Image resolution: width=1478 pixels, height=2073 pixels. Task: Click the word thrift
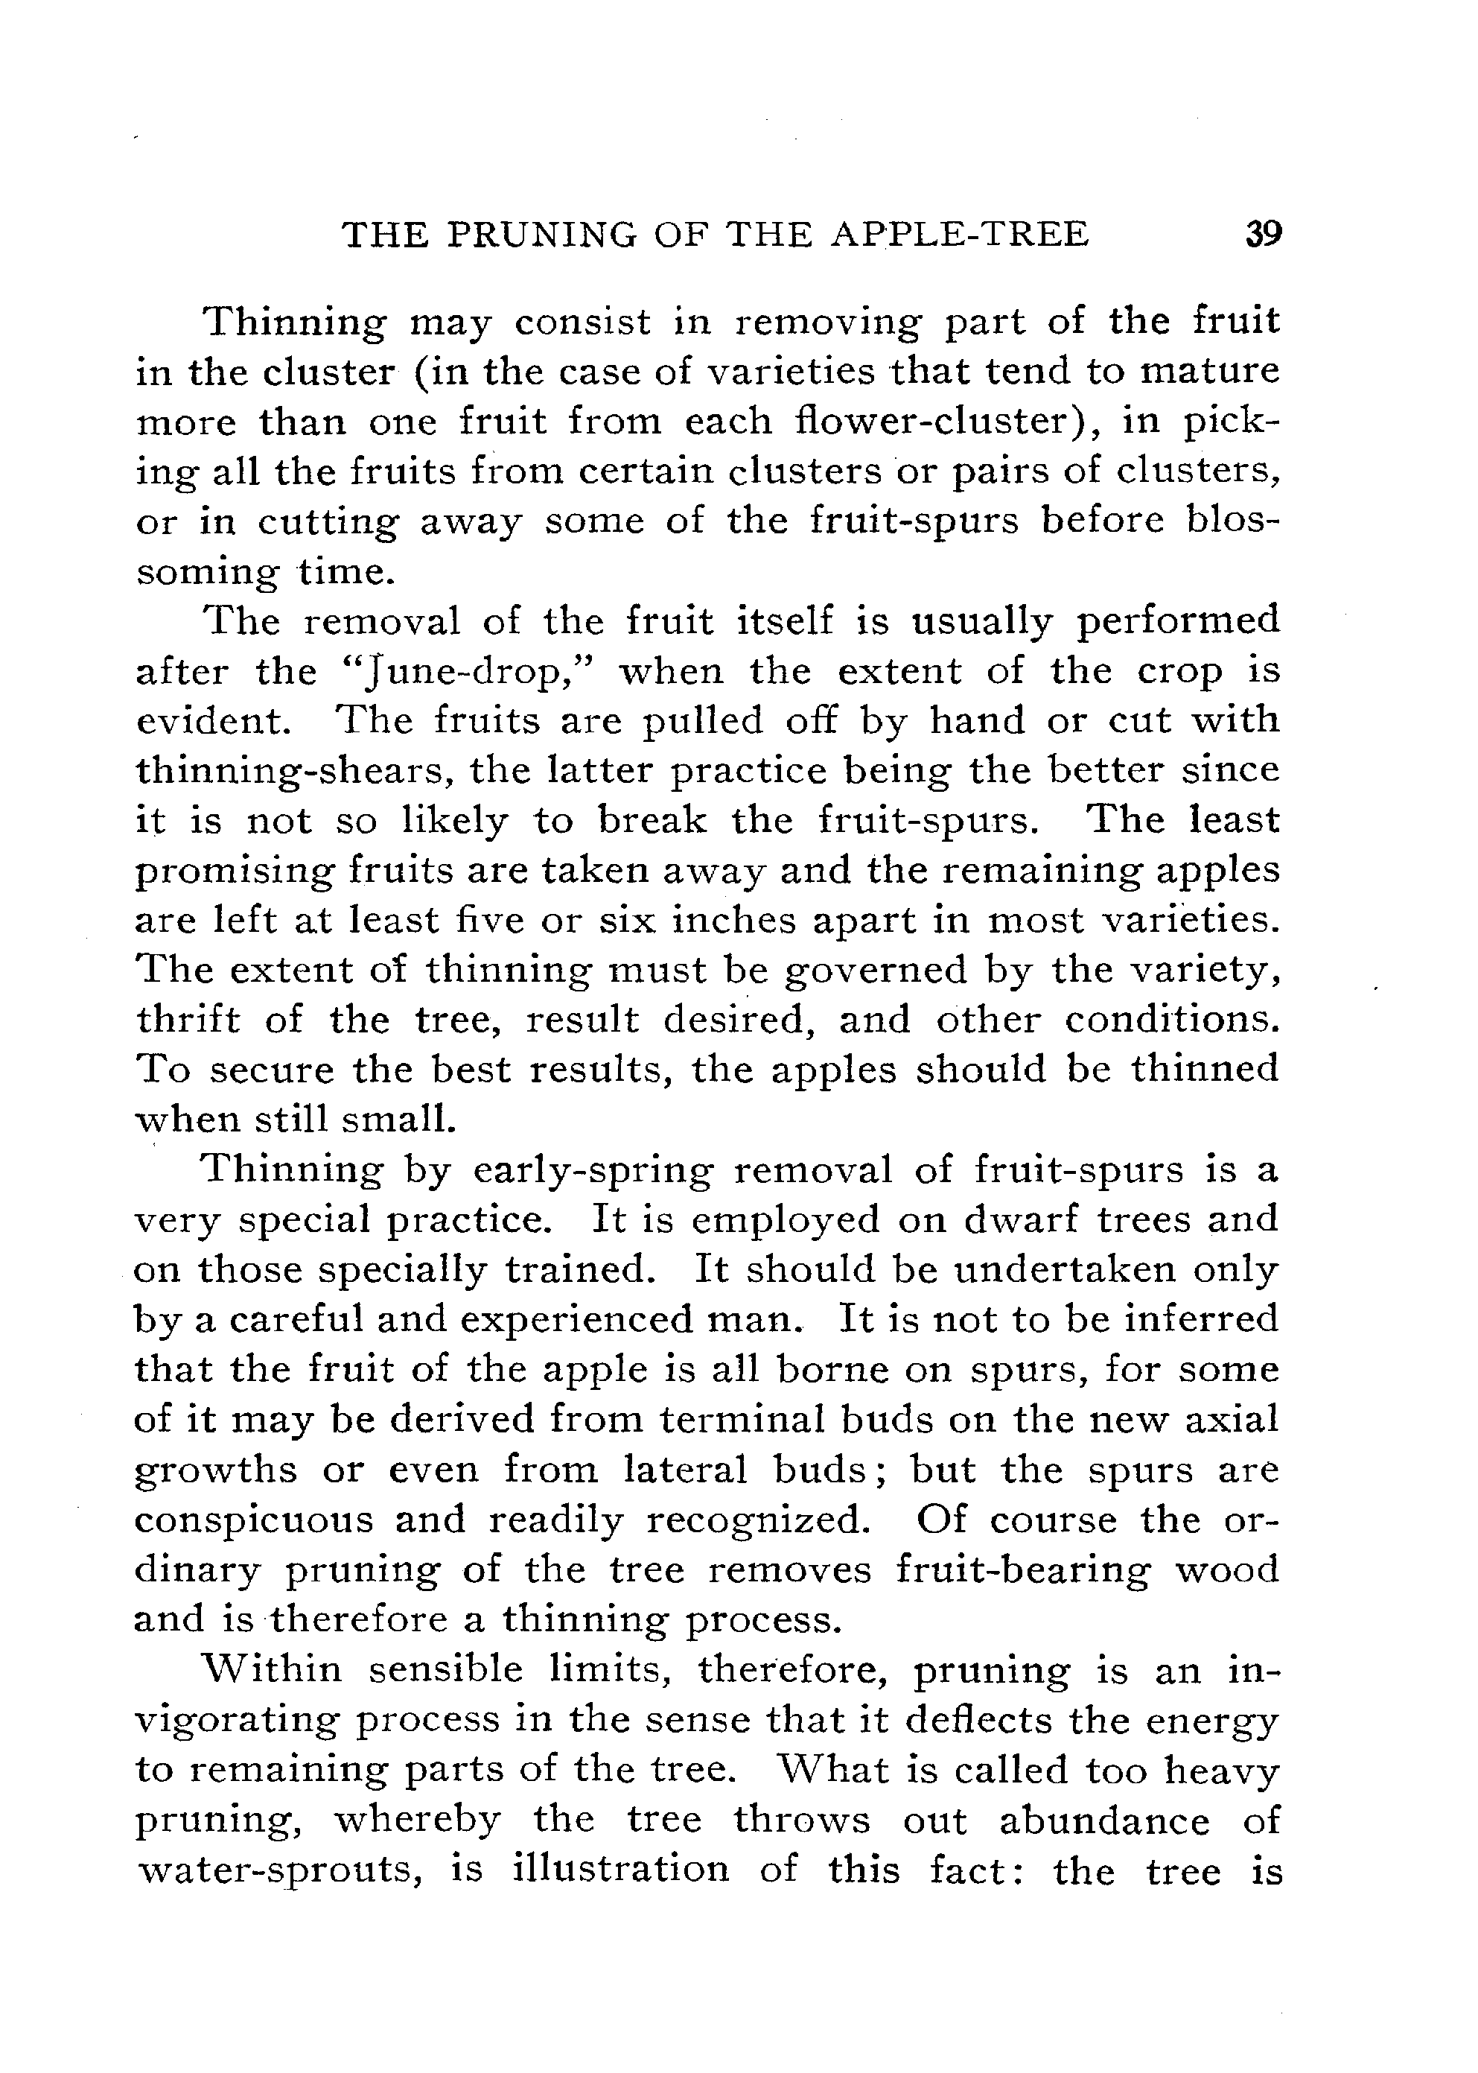click(x=188, y=1020)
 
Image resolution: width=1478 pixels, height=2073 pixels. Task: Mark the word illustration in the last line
click(x=622, y=1869)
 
